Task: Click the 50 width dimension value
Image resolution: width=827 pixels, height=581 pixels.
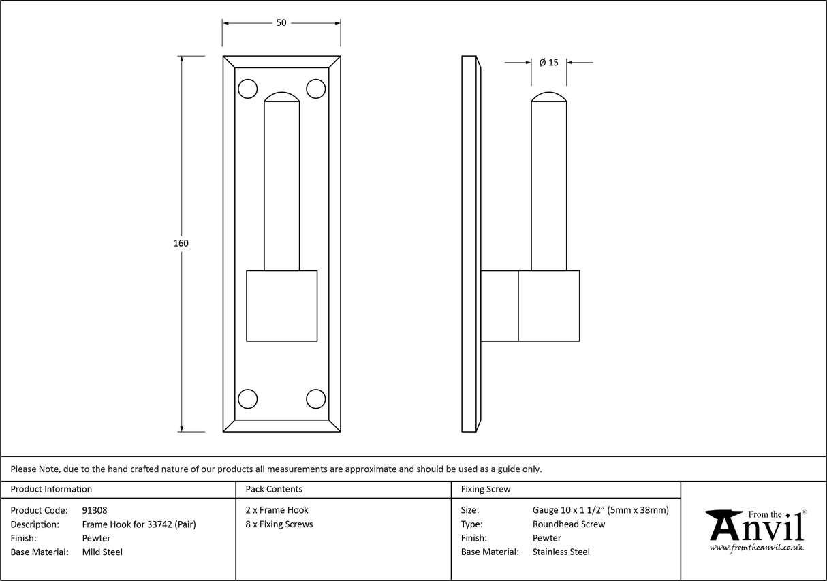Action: coord(281,23)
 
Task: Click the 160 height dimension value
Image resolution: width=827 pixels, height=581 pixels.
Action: coord(181,243)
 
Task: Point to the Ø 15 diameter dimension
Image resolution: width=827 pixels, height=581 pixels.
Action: coord(548,63)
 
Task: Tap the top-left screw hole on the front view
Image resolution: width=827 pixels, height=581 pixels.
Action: coord(248,89)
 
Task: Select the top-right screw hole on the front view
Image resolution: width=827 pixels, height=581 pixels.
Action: coord(315,89)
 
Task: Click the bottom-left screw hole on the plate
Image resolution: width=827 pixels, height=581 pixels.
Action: coord(248,398)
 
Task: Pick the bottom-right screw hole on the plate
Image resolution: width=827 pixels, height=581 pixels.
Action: coord(315,398)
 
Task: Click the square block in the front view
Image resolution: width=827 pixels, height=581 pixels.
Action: coord(281,306)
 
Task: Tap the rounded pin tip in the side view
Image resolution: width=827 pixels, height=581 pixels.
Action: coord(548,98)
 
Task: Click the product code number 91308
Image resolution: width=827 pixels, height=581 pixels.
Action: coord(95,510)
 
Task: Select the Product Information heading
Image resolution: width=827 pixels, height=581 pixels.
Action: coord(51,489)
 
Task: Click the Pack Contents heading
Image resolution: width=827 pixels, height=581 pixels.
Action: coord(274,489)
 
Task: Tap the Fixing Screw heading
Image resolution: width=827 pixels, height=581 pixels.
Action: coord(486,489)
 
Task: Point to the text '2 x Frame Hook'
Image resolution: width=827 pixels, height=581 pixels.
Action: coord(277,510)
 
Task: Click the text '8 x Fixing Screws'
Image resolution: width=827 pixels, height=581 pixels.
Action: coord(279,524)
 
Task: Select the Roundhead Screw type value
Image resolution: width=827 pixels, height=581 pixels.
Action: coord(569,524)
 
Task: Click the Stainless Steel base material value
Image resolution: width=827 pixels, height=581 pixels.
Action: coord(561,552)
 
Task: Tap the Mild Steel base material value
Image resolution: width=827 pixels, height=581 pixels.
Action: coord(102,552)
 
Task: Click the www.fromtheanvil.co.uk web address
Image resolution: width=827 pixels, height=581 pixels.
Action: coord(756,548)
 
